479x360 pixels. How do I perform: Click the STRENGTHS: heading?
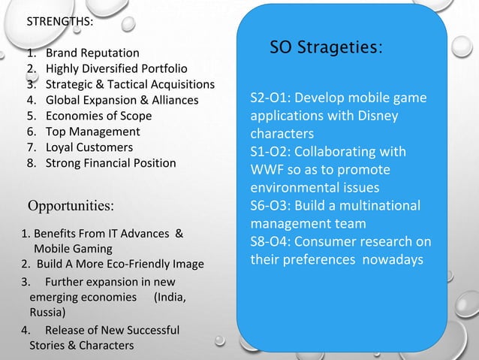point(60,21)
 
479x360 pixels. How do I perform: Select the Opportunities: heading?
point(71,205)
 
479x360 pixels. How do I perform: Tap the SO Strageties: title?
point(326,47)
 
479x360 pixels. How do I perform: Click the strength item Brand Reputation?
point(92,53)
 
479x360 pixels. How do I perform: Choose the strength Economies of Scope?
point(98,116)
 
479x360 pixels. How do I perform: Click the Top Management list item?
point(93,132)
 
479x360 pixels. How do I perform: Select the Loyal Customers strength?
point(89,147)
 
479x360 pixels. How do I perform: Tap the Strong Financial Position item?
point(111,163)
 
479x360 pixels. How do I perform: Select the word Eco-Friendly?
point(130,264)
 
